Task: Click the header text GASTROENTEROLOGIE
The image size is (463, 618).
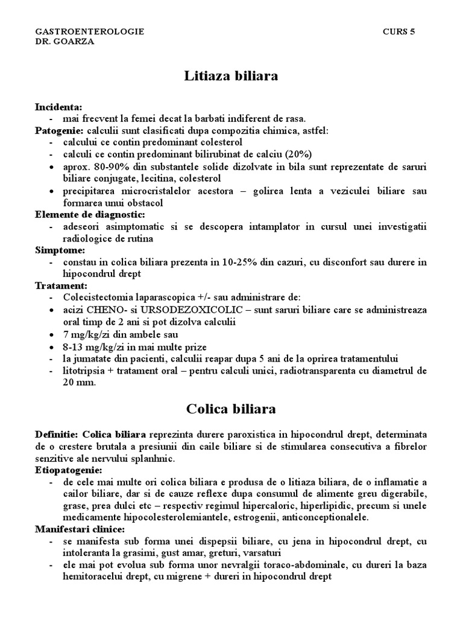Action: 90,31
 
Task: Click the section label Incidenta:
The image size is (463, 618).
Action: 58,107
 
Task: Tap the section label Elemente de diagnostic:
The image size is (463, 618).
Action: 90,214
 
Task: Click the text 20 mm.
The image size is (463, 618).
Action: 80,383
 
